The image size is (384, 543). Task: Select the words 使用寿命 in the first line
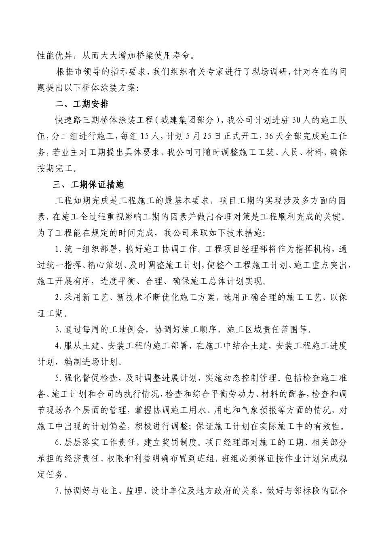tap(175, 56)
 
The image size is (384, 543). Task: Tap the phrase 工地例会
tap(127, 330)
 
